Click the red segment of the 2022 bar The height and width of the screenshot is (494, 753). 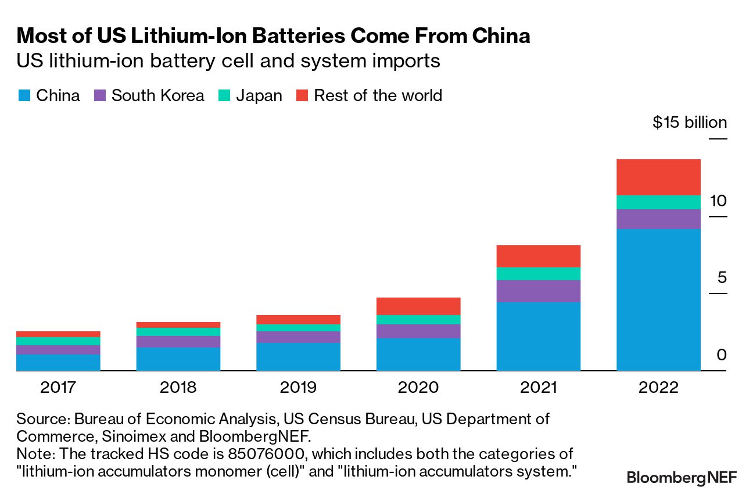click(x=658, y=177)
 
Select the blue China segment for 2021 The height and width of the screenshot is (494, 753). click(x=538, y=337)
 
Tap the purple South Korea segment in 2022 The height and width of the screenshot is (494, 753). click(x=658, y=219)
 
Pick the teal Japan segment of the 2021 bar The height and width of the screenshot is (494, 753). click(x=538, y=274)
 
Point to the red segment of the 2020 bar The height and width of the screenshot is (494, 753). click(x=418, y=306)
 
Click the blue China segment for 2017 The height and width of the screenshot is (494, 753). click(x=58, y=363)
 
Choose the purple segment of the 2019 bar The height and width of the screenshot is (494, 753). click(x=298, y=337)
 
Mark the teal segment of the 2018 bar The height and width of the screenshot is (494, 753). click(x=178, y=332)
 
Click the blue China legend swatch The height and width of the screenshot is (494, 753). click(x=24, y=95)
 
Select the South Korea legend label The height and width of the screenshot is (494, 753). click(x=157, y=95)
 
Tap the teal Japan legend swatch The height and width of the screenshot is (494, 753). click(x=224, y=95)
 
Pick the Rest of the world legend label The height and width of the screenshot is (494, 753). click(x=378, y=95)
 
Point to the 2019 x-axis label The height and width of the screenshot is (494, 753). click(x=298, y=388)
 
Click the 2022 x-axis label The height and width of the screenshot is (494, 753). click(x=658, y=388)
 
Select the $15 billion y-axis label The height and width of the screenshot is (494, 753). click(x=690, y=122)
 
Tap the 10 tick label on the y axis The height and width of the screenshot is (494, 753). click(x=718, y=201)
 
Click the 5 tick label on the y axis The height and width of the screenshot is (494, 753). click(x=722, y=277)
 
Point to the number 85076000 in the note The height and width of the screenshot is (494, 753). click(x=266, y=454)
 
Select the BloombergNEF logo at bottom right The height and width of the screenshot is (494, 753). click(x=682, y=478)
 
